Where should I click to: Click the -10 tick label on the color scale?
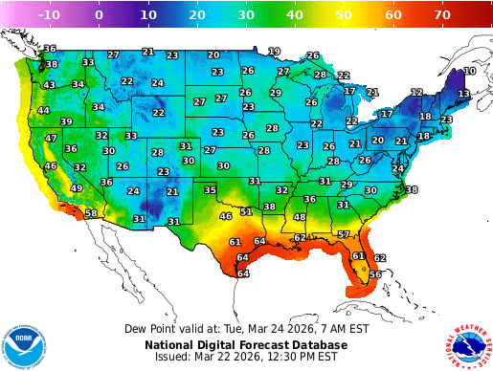pyautogui.click(x=51, y=15)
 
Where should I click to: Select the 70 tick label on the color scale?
pyautogui.click(x=442, y=15)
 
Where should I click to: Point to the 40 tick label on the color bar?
pyautogui.click(x=295, y=15)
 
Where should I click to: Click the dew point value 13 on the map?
pyautogui.click(x=462, y=94)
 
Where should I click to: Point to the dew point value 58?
pyautogui.click(x=91, y=213)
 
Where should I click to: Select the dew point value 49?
pyautogui.click(x=76, y=188)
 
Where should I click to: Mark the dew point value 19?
pyautogui.click(x=274, y=51)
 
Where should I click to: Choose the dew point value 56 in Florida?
pyautogui.click(x=375, y=274)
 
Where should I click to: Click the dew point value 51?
pyautogui.click(x=246, y=211)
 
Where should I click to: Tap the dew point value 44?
pyautogui.click(x=43, y=110)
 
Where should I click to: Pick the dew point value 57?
pyautogui.click(x=344, y=234)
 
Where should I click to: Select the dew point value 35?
pyautogui.click(x=210, y=190)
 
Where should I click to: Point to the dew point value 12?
pyautogui.click(x=416, y=92)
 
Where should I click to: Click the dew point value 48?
pyautogui.click(x=300, y=217)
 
